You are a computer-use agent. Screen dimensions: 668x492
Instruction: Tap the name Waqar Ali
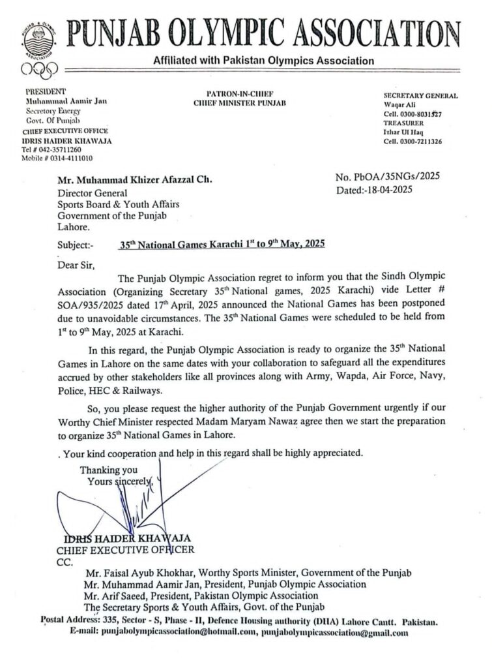click(399, 104)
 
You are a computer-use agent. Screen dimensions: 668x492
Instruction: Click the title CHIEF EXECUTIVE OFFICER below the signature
click(125, 550)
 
